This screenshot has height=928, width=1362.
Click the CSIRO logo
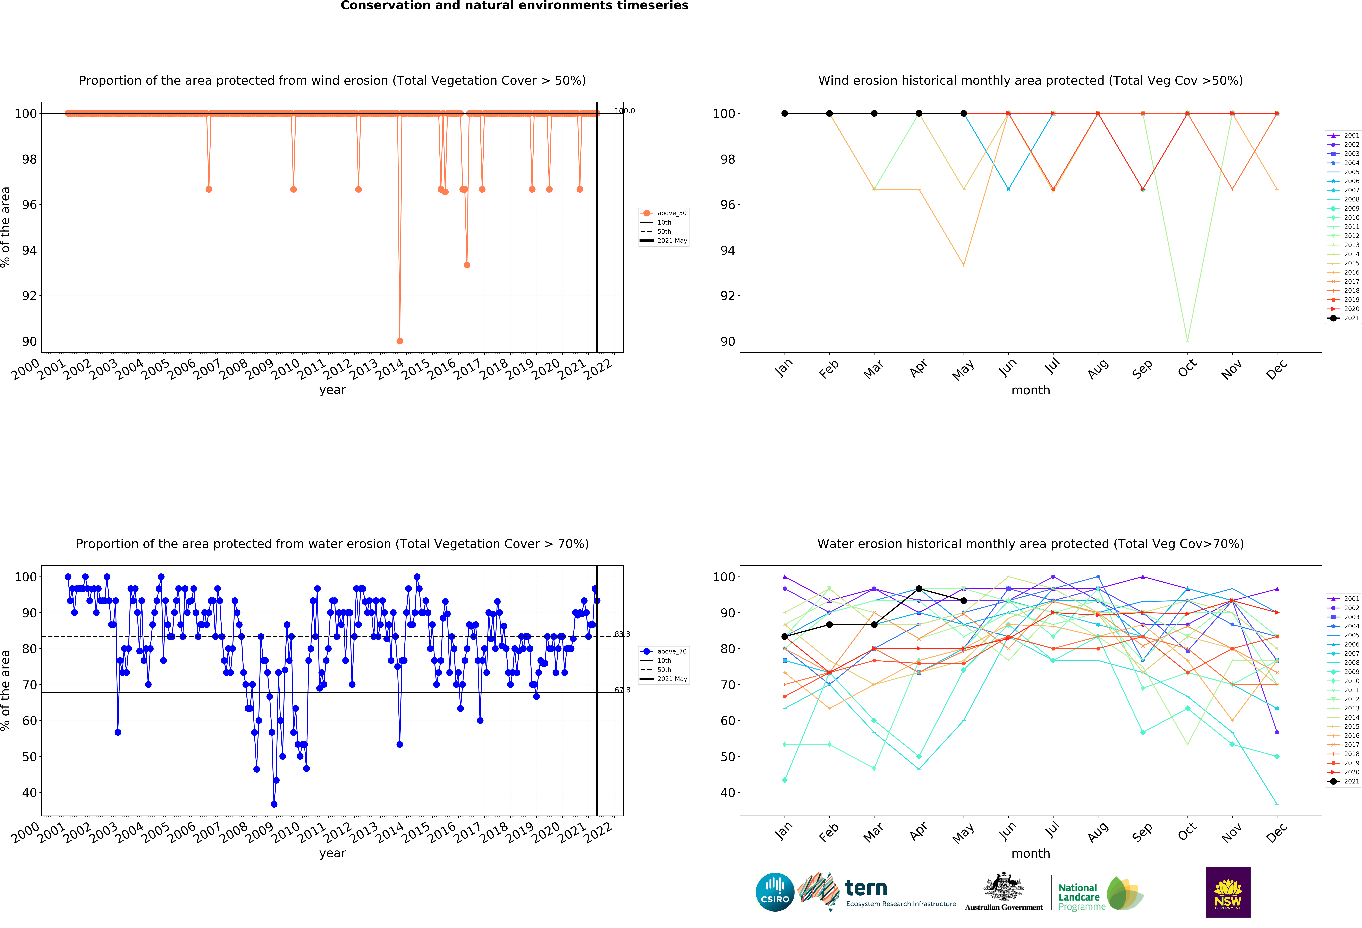(775, 892)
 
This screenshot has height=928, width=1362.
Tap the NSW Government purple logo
(1228, 892)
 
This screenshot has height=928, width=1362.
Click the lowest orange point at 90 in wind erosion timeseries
(400, 341)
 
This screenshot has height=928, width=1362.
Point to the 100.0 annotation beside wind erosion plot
(624, 111)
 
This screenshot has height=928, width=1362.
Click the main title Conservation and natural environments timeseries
(515, 6)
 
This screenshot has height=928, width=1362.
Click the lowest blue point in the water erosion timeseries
(274, 804)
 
